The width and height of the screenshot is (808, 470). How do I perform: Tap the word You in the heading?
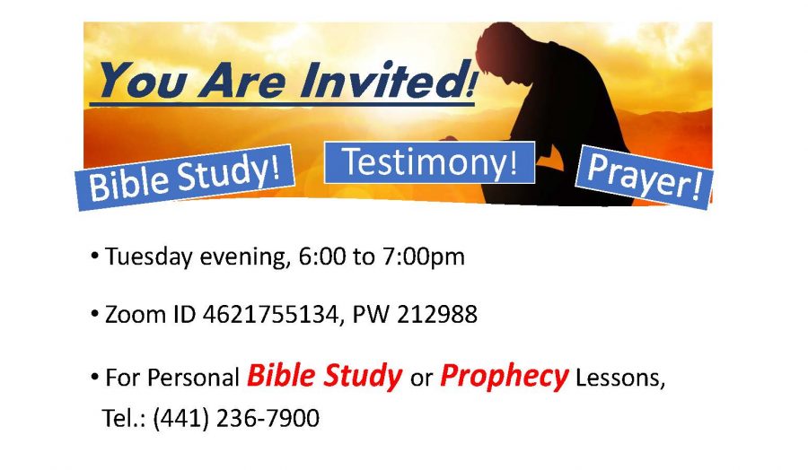(142, 80)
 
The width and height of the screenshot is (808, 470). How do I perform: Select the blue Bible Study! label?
(185, 178)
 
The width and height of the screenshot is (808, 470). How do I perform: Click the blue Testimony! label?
(430, 162)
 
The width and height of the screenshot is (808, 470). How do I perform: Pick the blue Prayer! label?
(644, 178)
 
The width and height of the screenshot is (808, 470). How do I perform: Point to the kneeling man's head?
(501, 51)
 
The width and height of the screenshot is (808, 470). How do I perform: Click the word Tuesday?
(149, 257)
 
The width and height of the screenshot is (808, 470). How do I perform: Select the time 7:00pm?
(423, 257)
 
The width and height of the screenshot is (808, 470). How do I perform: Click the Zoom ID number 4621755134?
(269, 314)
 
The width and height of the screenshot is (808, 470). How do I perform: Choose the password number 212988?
(437, 314)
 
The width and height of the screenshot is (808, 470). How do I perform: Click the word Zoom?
(135, 314)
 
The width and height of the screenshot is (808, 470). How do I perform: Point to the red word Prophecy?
(504, 377)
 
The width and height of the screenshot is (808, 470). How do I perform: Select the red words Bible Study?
(325, 377)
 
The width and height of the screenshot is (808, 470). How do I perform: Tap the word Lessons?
(620, 378)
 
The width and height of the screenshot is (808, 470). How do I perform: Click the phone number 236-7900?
(268, 418)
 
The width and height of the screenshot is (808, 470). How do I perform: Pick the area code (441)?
(180, 418)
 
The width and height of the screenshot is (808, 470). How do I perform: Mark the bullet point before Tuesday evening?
(94, 256)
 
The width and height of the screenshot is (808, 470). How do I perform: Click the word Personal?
(194, 378)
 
